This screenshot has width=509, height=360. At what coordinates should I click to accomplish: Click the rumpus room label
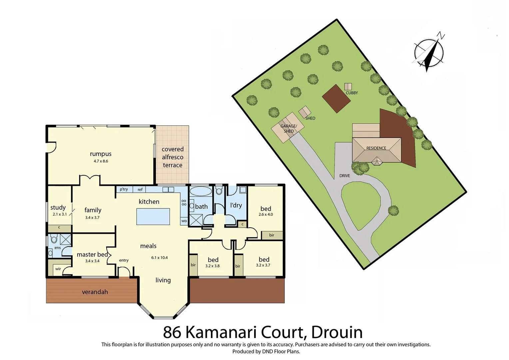101,154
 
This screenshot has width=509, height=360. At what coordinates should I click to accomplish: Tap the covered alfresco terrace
173,157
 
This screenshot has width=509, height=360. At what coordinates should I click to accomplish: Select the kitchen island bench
153,216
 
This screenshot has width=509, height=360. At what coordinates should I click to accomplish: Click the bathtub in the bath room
201,191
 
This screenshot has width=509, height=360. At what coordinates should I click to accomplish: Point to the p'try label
124,189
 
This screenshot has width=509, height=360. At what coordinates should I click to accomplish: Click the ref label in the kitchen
140,190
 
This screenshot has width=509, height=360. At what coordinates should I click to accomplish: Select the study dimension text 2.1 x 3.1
60,214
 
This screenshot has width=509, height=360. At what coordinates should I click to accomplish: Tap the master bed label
92,255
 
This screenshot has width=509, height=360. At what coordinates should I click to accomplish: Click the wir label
58,269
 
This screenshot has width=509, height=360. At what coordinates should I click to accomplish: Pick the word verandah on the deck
95,292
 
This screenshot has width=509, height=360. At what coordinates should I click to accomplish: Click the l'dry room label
236,205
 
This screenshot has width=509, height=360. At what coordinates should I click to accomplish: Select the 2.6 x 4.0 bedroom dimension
265,214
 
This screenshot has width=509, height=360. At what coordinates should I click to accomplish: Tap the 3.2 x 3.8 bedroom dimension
213,266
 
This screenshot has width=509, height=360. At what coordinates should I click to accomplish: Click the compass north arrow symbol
429,53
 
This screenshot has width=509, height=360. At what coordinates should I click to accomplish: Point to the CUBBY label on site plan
352,93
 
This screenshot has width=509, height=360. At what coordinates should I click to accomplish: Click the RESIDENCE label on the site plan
376,148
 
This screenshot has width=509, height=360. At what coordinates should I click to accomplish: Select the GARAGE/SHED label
288,129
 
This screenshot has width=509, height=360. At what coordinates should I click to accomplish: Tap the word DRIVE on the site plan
345,176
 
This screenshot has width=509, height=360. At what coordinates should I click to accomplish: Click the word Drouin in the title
337,332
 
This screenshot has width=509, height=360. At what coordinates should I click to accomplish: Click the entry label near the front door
124,260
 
